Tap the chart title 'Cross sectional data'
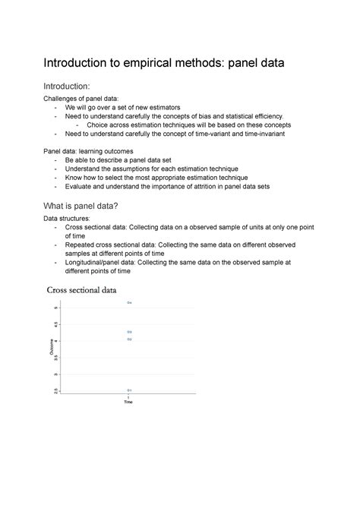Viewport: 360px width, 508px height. tap(82, 289)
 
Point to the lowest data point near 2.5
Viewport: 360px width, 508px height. tap(129, 390)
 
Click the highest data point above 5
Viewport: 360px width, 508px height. tap(129, 303)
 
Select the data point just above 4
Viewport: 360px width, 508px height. tap(129, 339)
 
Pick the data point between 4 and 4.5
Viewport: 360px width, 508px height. tap(129, 332)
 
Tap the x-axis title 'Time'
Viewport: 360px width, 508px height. tap(128, 402)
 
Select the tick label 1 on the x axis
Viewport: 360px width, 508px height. tap(128, 397)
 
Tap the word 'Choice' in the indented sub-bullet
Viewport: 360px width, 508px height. tap(99, 125)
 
